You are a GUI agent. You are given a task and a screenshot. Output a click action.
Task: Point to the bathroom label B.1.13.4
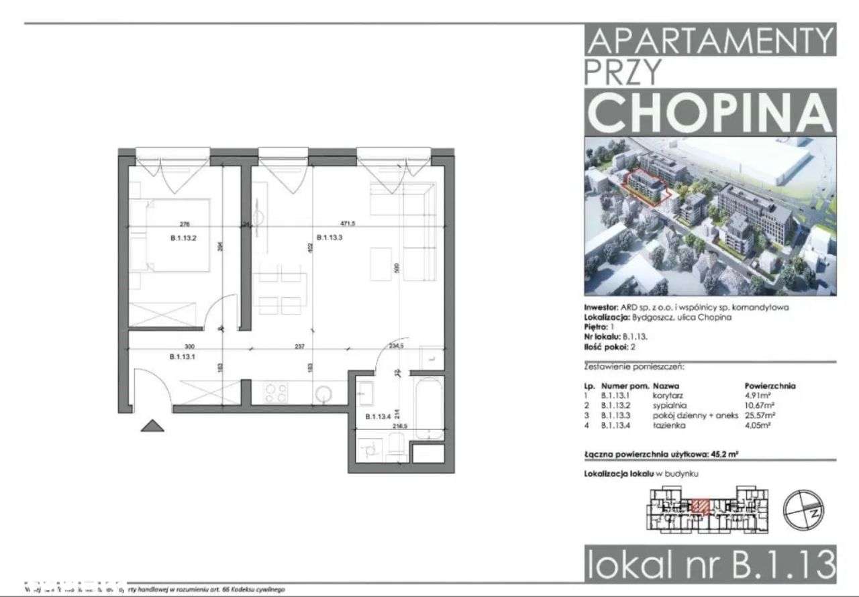[x=378, y=417]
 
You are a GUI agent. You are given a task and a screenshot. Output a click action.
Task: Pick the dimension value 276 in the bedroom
[x=185, y=225]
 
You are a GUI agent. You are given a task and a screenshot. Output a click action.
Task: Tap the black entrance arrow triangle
[x=152, y=426]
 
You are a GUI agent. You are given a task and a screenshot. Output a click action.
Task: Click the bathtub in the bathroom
[x=426, y=409]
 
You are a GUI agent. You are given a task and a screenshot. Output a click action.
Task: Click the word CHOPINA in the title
[x=711, y=112]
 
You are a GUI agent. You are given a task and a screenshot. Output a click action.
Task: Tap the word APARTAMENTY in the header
[x=711, y=42]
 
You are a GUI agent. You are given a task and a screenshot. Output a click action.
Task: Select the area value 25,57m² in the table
[x=760, y=415]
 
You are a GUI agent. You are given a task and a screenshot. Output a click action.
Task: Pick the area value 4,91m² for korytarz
[x=758, y=396]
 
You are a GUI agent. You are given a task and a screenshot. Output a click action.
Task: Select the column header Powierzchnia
[x=770, y=387]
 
